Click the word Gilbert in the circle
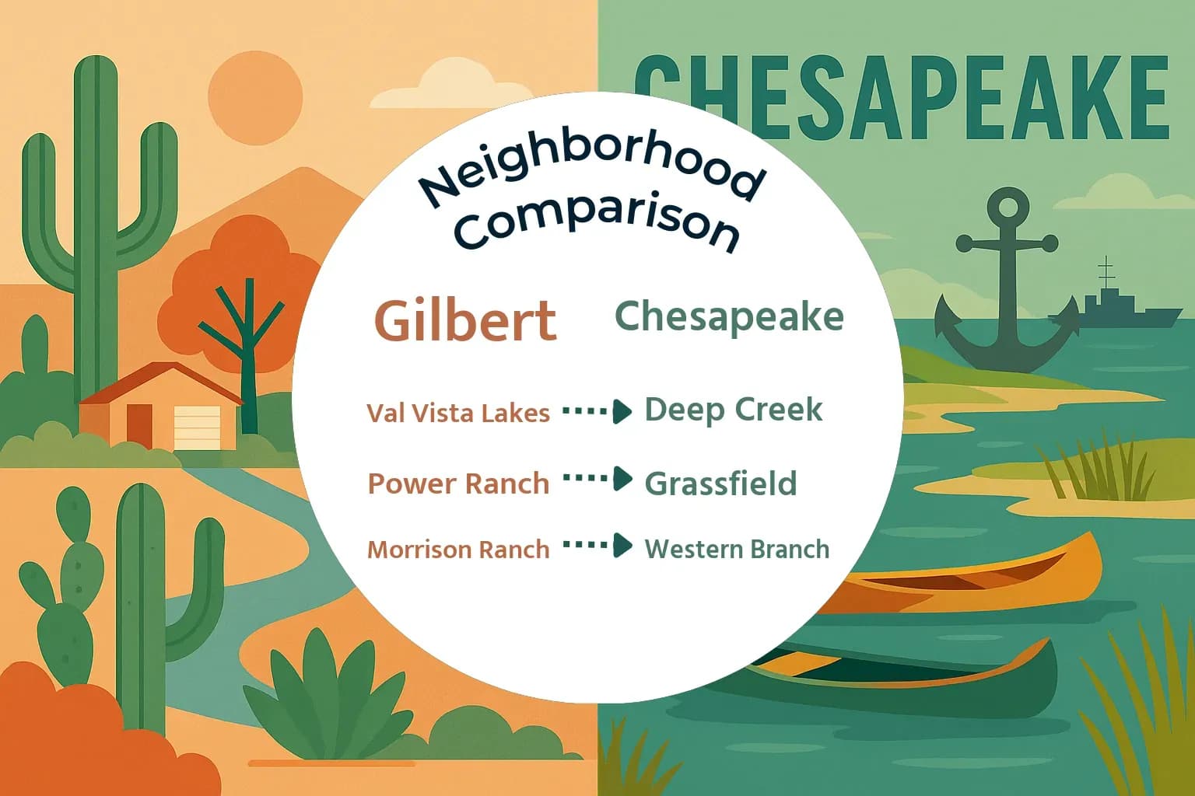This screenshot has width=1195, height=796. [465, 319]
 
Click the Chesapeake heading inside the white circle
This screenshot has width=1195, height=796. [729, 317]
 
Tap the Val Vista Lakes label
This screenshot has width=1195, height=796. [458, 413]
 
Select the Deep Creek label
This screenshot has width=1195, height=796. [733, 410]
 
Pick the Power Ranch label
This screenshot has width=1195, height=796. [458, 484]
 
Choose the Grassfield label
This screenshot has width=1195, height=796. [720, 484]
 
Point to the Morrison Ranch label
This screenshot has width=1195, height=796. [458, 550]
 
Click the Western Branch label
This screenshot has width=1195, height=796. [737, 549]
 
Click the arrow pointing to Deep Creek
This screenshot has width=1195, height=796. [597, 411]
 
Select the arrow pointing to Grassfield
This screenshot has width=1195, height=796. [597, 479]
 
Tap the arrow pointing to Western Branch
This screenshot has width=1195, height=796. [597, 546]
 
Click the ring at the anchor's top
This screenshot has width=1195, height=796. [1008, 208]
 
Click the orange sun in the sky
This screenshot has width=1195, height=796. [255, 98]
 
